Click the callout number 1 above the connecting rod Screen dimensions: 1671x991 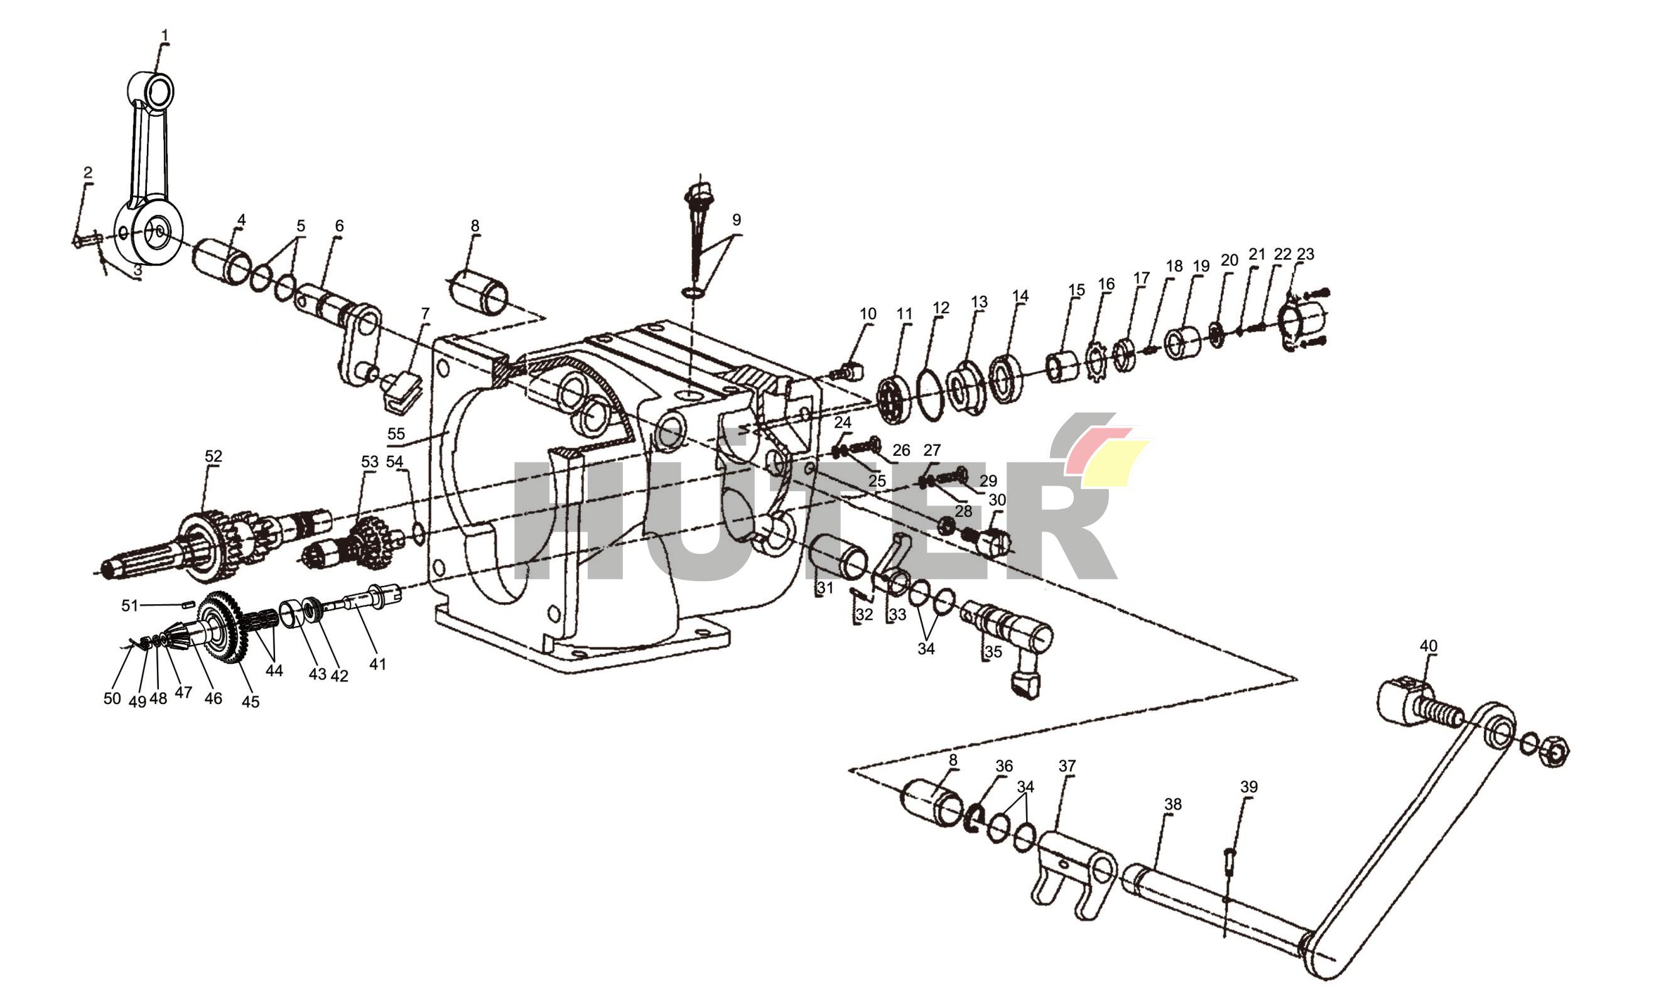click(x=165, y=35)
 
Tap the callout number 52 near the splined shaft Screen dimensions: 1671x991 click(x=213, y=456)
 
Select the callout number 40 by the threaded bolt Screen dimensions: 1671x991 click(x=1428, y=646)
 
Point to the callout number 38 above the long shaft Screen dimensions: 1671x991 click(x=1173, y=804)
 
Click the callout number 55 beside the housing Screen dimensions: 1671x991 click(x=396, y=433)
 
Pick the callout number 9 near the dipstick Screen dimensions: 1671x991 click(x=737, y=220)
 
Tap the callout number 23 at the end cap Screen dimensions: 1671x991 click(x=1305, y=254)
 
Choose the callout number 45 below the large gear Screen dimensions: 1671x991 click(x=251, y=701)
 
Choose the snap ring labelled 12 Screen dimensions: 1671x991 click(x=929, y=394)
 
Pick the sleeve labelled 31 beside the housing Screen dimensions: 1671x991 click(x=838, y=556)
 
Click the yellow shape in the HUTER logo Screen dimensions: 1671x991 click(x=1113, y=462)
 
